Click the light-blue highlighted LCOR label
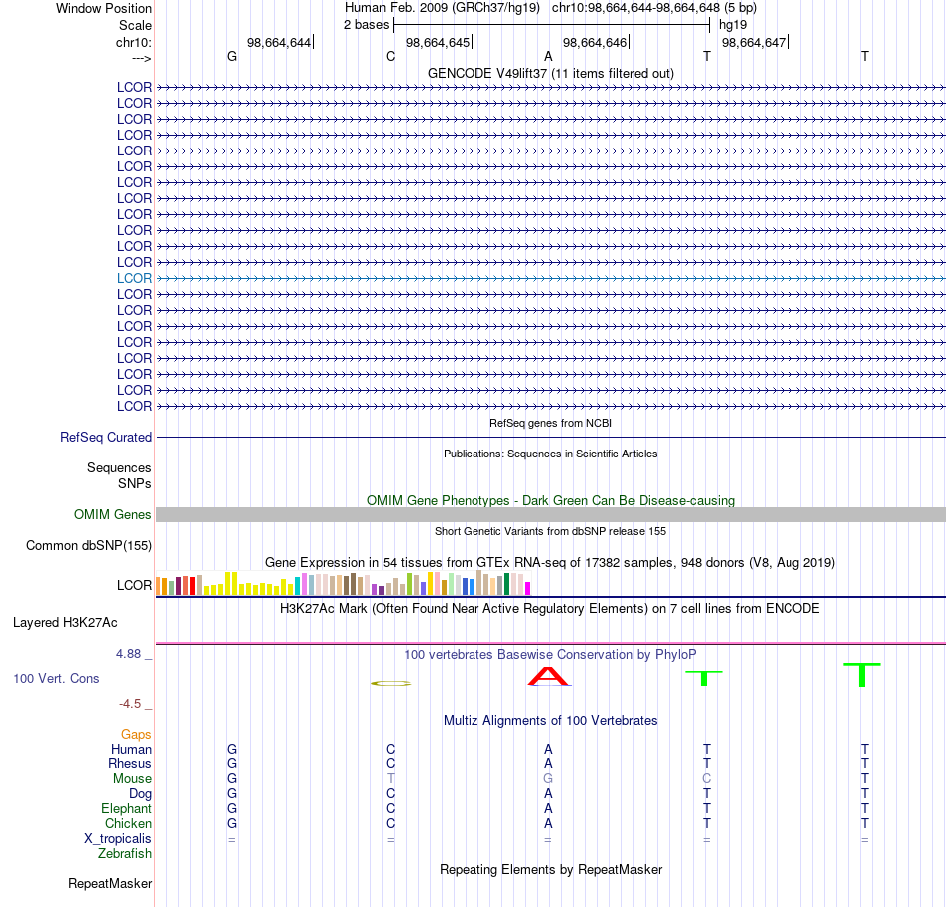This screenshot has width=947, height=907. [134, 278]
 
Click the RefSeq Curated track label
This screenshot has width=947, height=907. [106, 437]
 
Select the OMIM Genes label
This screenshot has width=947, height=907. [113, 514]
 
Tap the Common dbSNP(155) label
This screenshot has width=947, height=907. [89, 546]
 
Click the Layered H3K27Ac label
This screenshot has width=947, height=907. [65, 623]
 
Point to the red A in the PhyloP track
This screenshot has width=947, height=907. [548, 677]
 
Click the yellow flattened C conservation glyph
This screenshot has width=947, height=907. [391, 683]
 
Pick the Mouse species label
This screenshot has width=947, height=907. [132, 779]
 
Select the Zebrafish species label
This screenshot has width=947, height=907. [125, 854]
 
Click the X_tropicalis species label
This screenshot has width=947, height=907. [118, 839]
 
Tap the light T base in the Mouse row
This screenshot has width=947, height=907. [390, 779]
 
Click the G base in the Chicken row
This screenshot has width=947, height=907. [232, 823]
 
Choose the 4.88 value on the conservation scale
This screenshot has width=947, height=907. [128, 654]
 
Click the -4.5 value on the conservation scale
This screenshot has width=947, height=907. [130, 704]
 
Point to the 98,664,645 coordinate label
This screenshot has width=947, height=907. [438, 42]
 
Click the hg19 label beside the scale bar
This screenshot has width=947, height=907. [733, 25]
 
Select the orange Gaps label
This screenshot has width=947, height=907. [136, 734]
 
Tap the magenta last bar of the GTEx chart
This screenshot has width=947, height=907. [528, 588]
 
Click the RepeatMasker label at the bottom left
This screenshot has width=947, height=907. [110, 883]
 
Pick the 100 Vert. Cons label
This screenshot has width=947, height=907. [56, 678]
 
